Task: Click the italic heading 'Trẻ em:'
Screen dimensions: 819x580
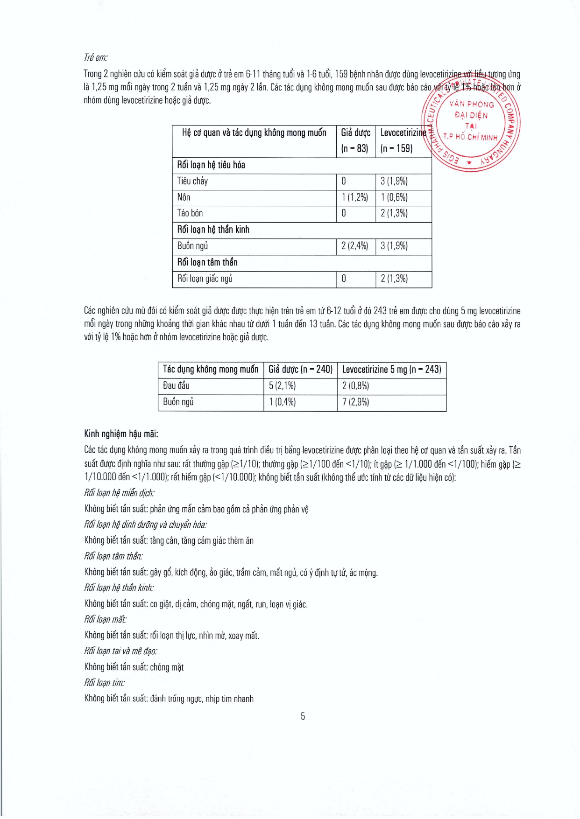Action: pos(95,57)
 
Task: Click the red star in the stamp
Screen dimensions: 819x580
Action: pos(469,162)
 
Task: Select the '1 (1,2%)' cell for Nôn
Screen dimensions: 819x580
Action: pos(354,197)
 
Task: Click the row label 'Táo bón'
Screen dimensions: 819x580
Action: pos(190,213)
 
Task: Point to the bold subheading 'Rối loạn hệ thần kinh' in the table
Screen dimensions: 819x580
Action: pos(213,230)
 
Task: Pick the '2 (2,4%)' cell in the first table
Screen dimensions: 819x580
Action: pos(354,246)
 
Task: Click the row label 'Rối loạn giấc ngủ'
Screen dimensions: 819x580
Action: pos(205,279)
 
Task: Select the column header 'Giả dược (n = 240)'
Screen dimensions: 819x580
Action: pos(300,370)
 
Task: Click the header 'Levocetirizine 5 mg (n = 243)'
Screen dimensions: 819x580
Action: pos(391,370)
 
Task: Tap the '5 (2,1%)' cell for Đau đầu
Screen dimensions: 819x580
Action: pos(282,386)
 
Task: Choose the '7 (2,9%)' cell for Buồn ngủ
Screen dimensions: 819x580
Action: pos(355,402)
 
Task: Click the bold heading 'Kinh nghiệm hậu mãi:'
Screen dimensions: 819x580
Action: pos(121,434)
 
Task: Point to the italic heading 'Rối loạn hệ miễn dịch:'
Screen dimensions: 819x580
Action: pos(119,493)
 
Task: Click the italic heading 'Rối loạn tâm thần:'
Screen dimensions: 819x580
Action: pos(113,556)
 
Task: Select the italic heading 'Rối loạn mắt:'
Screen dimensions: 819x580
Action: pos(105,620)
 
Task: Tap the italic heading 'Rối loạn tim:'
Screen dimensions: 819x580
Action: pos(104,683)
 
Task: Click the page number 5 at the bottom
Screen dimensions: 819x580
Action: pos(303,716)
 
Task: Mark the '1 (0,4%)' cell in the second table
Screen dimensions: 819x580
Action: pos(282,402)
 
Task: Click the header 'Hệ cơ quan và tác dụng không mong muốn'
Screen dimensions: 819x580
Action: pos(254,133)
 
